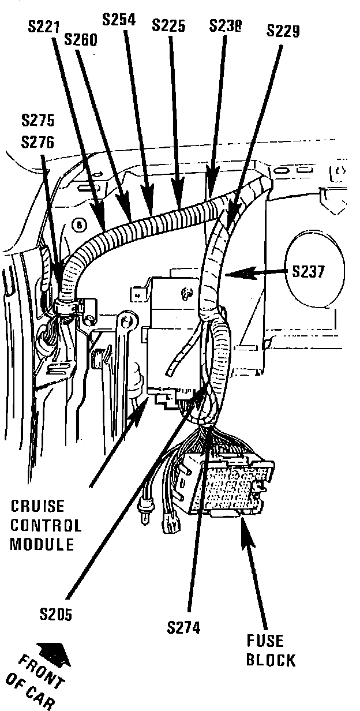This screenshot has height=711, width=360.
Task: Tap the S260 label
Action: coord(81,40)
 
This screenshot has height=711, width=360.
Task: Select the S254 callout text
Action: coord(119,20)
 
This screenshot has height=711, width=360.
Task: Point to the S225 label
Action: coord(168,25)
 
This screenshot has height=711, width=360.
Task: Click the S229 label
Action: coord(283,31)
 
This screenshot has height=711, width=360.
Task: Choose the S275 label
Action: coord(38,121)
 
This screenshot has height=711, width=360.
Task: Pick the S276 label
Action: coord(38,141)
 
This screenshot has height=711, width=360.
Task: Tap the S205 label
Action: coord(56,615)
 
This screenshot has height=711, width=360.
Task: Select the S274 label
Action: coord(184,628)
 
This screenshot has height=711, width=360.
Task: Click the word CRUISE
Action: coord(38,506)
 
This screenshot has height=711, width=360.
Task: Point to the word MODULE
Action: coord(42,544)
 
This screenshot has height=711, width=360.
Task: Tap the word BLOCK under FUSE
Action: coord(271,660)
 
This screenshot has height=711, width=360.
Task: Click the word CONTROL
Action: coord(46,525)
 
